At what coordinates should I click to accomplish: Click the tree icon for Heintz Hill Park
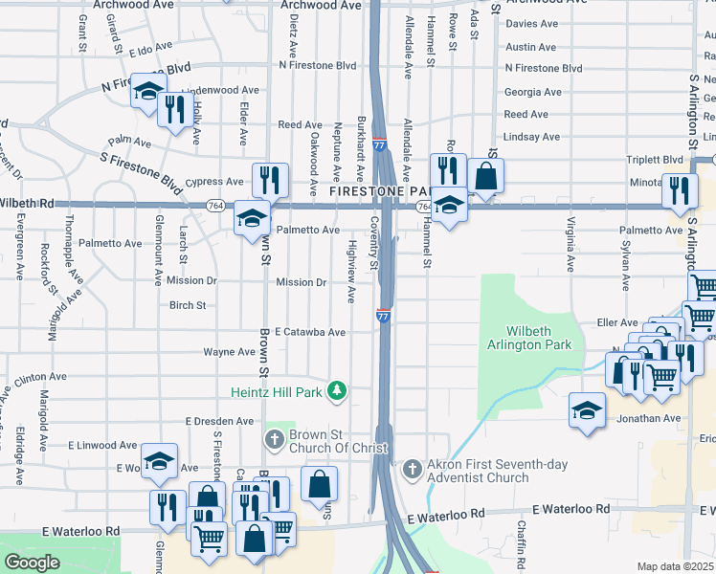coord(336,390)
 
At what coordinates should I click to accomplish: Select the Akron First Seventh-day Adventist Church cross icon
coord(412,469)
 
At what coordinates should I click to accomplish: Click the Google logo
coord(32,562)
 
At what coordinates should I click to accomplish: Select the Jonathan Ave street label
coord(649,418)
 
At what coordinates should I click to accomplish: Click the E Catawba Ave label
coord(309,332)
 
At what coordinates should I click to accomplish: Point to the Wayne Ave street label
coord(229,352)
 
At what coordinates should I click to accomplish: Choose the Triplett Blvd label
coord(660,160)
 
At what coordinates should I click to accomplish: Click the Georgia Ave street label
coord(532,92)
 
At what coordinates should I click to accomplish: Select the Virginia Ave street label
coord(571,246)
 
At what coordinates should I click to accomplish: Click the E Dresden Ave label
coord(219,421)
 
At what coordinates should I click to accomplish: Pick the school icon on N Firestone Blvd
coord(147,90)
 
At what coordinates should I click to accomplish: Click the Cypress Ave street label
coord(215,182)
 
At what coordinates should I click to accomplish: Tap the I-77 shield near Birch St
coord(383,316)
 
